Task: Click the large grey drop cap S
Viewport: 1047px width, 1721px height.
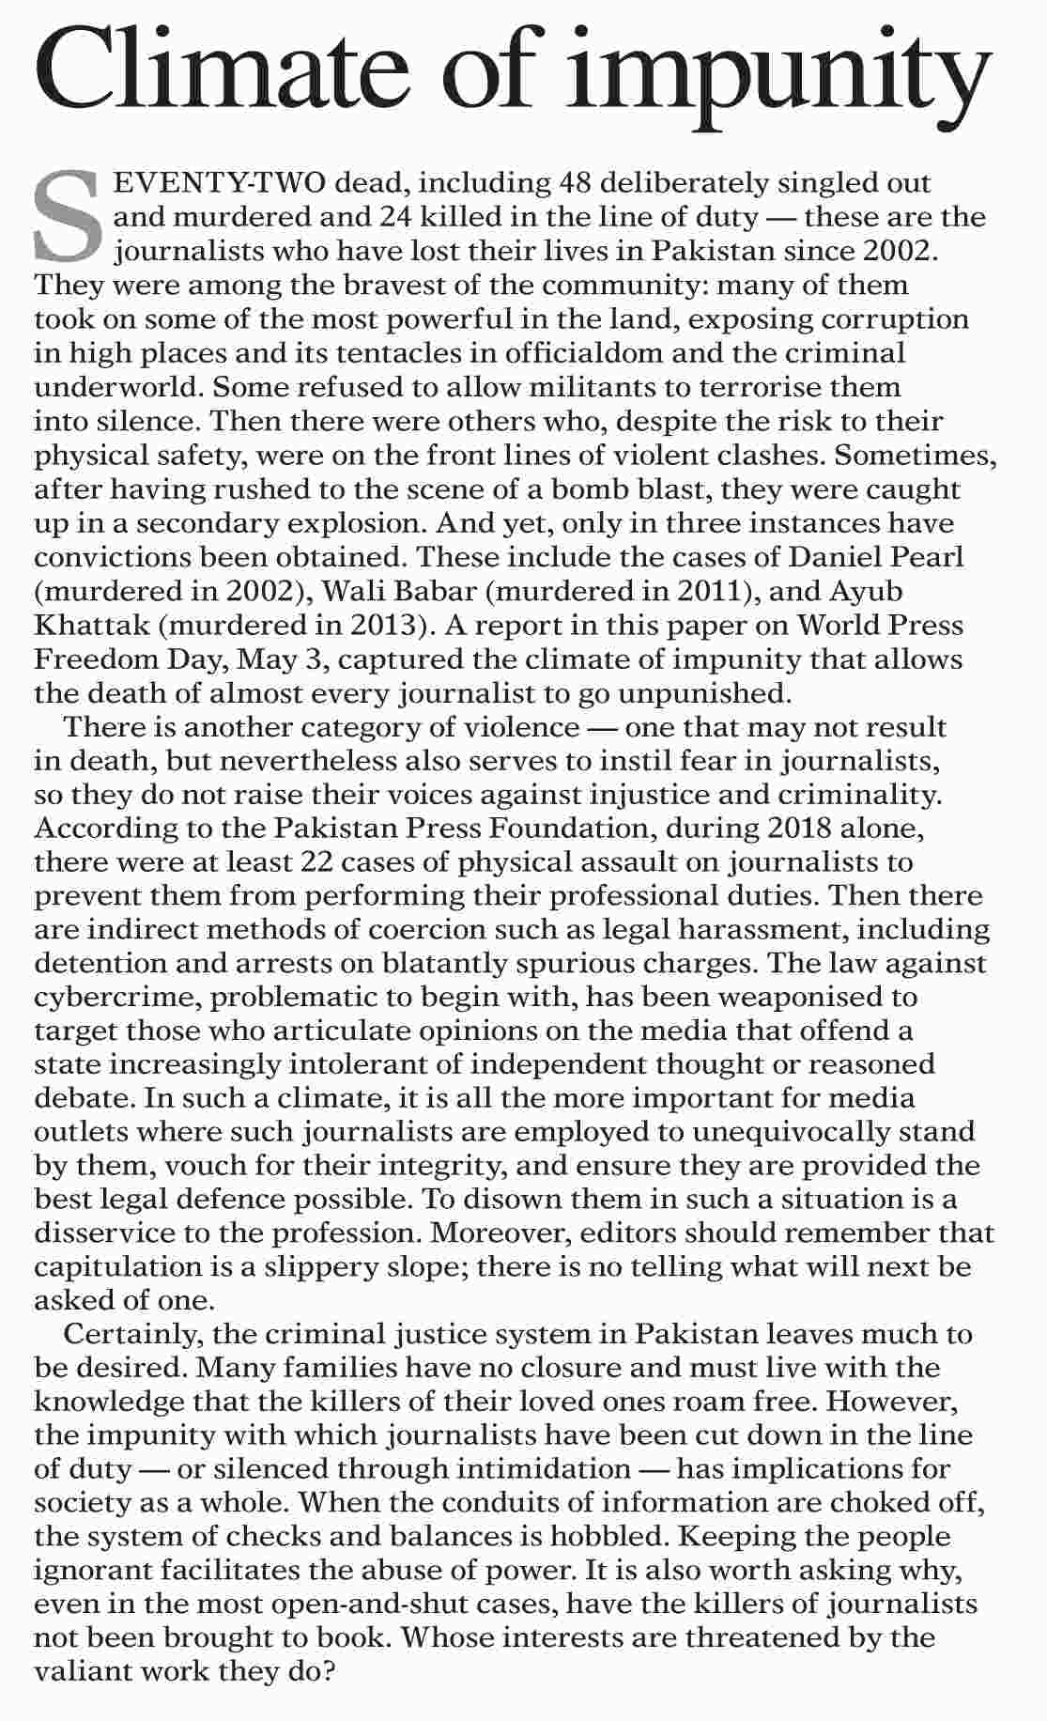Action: pyautogui.click(x=67, y=216)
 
